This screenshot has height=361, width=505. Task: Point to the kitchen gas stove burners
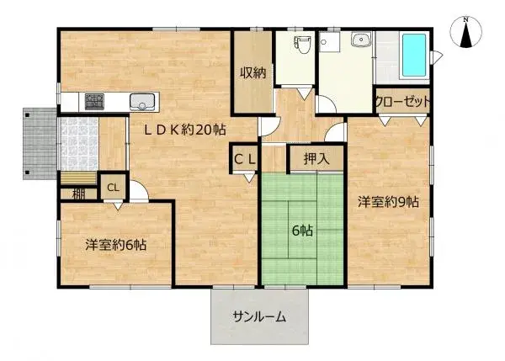(92, 102)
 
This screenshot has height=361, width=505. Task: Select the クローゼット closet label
(402, 101)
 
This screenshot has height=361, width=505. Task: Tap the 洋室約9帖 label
(388, 202)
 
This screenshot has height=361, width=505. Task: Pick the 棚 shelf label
(77, 194)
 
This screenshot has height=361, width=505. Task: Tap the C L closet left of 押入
(245, 157)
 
